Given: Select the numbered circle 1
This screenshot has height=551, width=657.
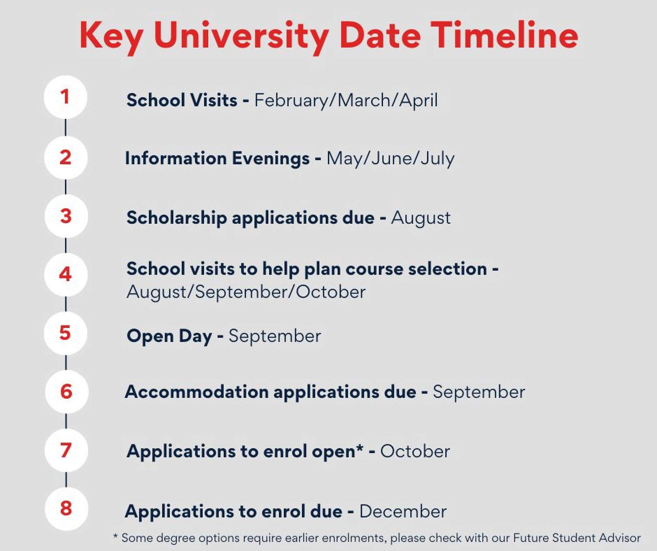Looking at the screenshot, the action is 65,97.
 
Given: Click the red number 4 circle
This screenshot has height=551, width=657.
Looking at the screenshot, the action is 66,274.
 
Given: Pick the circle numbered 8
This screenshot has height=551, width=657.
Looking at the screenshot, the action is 66,509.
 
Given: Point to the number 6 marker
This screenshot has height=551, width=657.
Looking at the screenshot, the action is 66,392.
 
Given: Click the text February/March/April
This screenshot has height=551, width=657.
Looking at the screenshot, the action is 346,101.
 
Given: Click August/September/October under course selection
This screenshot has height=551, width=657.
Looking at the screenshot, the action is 246,292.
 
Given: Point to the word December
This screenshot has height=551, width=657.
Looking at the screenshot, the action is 403,512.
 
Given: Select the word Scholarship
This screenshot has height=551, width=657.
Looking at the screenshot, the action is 177,218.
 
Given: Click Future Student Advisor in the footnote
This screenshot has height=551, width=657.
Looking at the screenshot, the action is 577,538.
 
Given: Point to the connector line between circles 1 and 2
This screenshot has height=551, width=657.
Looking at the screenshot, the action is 66,127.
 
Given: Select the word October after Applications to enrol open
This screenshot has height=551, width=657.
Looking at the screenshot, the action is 415,451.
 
